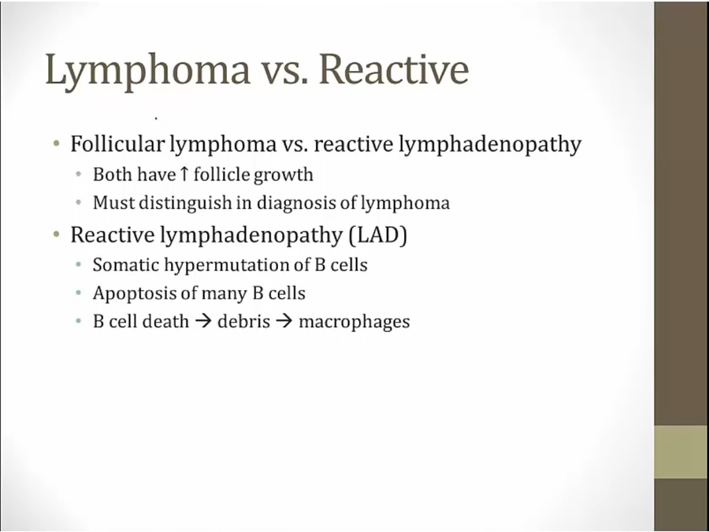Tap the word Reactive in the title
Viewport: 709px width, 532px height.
394,69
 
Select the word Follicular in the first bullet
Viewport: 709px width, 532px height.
117,144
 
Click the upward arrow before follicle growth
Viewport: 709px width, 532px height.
184,175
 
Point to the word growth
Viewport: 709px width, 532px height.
284,176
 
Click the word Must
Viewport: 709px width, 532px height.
114,203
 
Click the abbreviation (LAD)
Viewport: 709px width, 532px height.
378,235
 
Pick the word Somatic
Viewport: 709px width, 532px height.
126,265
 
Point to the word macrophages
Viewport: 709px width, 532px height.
354,322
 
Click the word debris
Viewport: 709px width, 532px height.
243,322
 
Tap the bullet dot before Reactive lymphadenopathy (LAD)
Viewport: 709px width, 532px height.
56,234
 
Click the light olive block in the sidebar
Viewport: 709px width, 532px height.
681,452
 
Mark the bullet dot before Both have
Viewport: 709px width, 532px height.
79,174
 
